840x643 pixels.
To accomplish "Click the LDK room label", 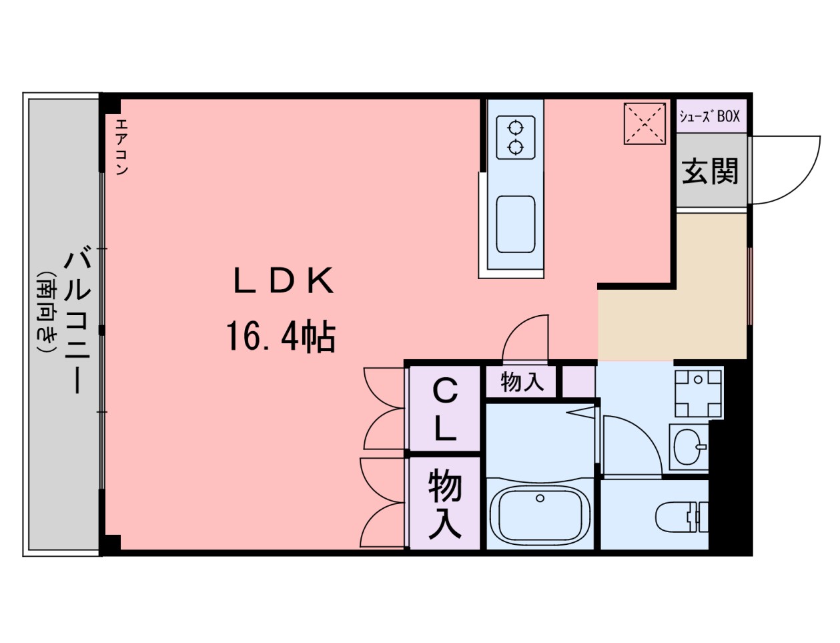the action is pyautogui.click(x=283, y=280).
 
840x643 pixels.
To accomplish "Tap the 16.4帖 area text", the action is pyautogui.click(x=282, y=337).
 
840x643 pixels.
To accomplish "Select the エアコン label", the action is pyautogui.click(x=121, y=147).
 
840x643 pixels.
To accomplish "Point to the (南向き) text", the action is pyautogui.click(x=47, y=312).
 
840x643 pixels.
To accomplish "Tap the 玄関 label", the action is pyautogui.click(x=710, y=171).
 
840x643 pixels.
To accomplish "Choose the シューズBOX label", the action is pyautogui.click(x=710, y=116).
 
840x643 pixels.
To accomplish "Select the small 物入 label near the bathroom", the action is pyautogui.click(x=522, y=382).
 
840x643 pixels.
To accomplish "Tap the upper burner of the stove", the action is pyautogui.click(x=516, y=127).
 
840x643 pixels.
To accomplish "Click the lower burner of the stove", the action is pyautogui.click(x=516, y=147).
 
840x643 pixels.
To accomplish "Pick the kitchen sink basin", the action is pyautogui.click(x=516, y=224).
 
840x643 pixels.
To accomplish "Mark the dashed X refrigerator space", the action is pyautogui.click(x=645, y=124).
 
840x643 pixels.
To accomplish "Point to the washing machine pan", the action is pyautogui.click(x=698, y=393).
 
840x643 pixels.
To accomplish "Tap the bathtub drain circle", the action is pyautogui.click(x=540, y=498).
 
